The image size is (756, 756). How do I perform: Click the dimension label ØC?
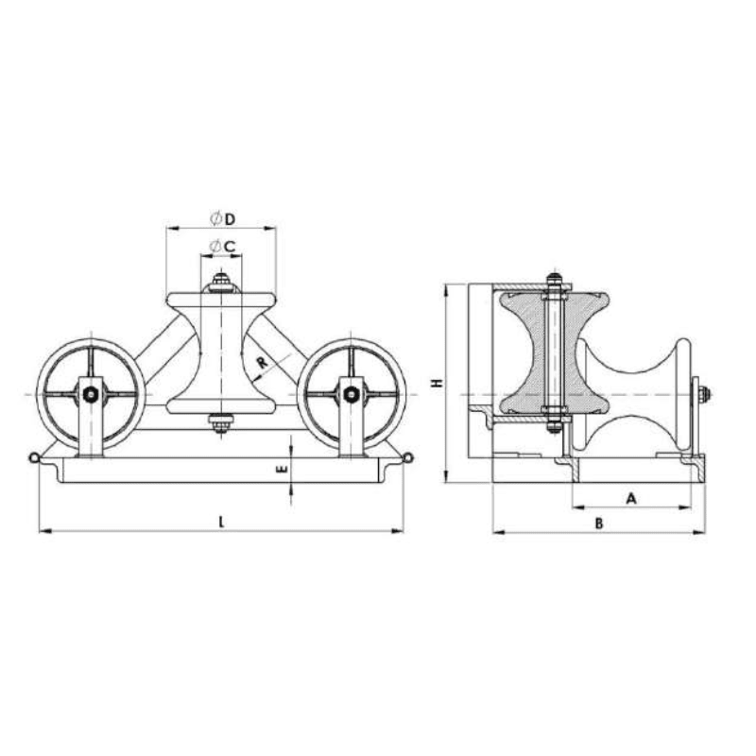pos(222,247)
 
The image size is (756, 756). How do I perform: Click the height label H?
pos(436,384)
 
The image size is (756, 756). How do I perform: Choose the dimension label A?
pos(631,496)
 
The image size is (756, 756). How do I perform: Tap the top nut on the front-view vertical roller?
pos(221,281)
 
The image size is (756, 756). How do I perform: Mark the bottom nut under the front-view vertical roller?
pos(221,426)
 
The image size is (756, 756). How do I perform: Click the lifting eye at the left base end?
pos(34,458)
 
